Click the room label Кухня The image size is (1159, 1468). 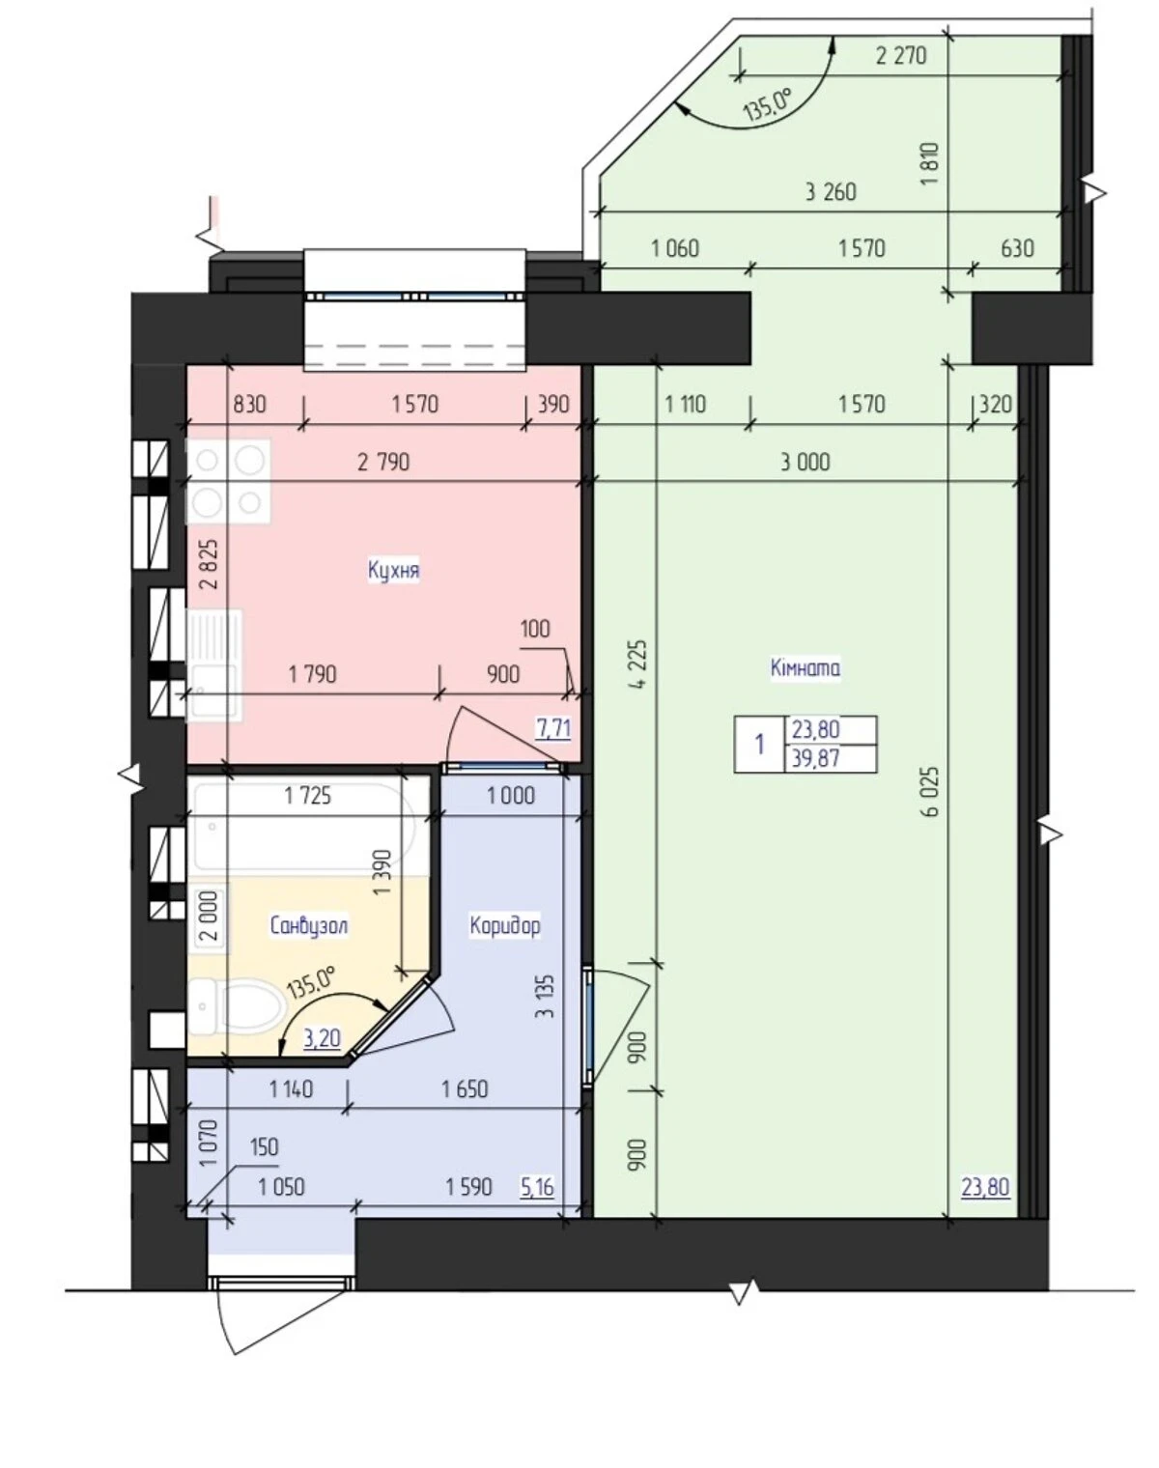point(394,570)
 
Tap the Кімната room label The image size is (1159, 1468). point(805,667)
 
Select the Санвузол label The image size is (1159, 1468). point(309,926)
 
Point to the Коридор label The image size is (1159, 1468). point(505,925)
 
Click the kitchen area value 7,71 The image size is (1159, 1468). point(553,728)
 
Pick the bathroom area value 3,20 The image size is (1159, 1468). point(322,1039)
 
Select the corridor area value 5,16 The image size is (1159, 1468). point(537,1188)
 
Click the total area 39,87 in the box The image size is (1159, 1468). point(816,758)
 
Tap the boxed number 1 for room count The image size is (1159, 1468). point(760,745)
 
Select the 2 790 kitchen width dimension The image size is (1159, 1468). point(383,463)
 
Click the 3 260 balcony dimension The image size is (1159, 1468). point(831,192)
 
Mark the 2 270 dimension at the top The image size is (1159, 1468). point(901,55)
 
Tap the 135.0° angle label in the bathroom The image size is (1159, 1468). point(312,981)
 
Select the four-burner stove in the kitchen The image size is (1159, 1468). point(228,482)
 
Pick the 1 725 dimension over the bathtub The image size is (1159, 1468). point(308,796)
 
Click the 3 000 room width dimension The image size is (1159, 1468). point(805,463)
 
